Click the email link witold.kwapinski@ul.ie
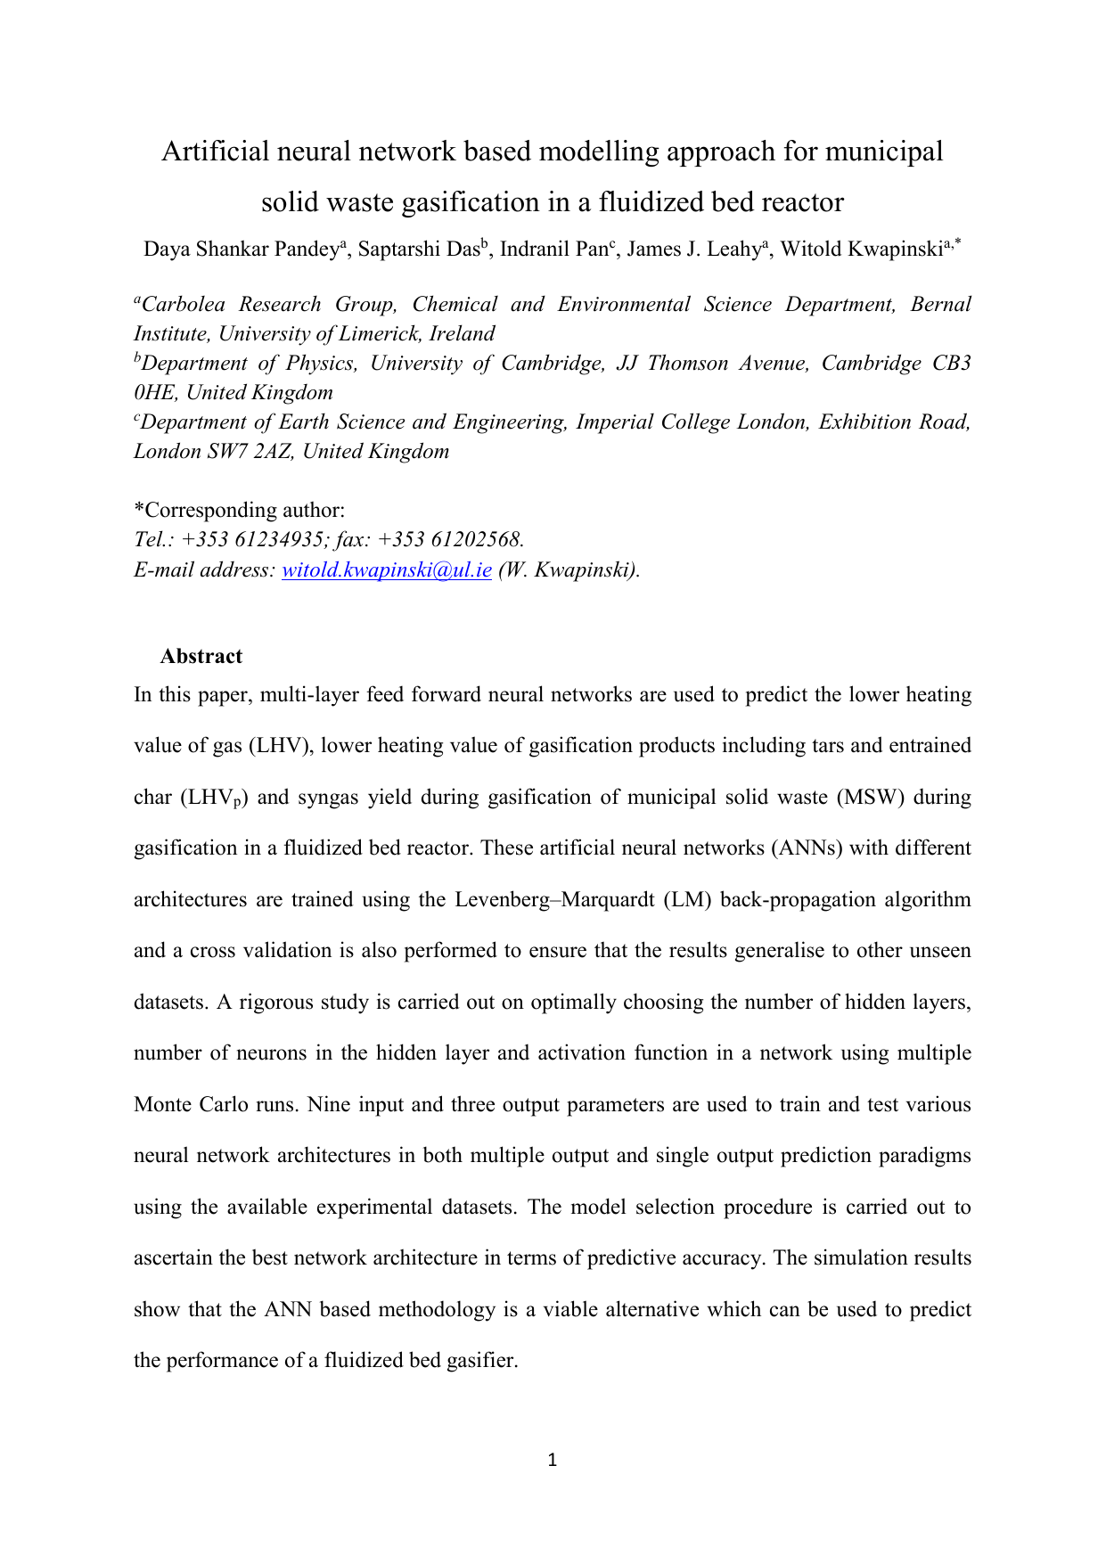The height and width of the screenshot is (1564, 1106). (387, 570)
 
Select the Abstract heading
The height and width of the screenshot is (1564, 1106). (201, 657)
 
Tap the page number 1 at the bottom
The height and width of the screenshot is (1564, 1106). (553, 1460)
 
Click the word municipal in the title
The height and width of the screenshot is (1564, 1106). (884, 152)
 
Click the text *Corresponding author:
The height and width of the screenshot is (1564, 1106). (239, 511)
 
